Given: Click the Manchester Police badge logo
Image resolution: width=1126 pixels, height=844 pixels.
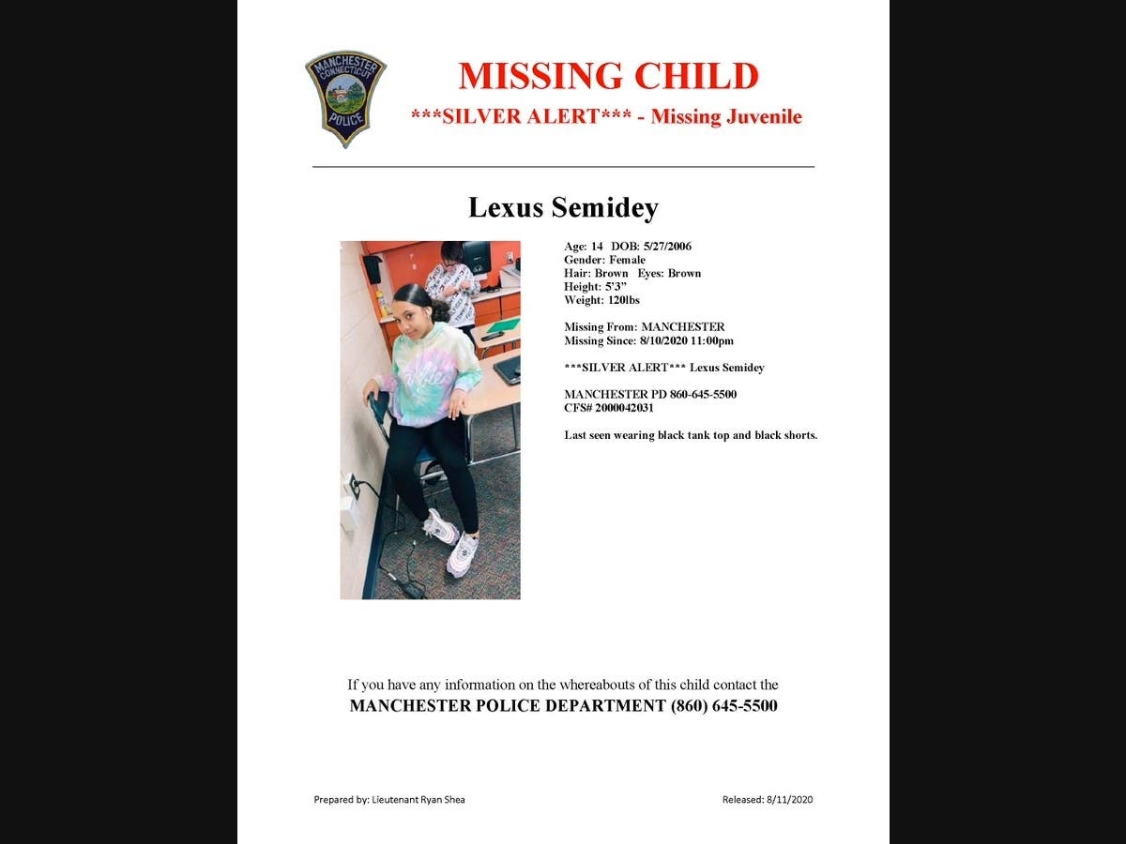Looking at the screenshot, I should (x=345, y=98).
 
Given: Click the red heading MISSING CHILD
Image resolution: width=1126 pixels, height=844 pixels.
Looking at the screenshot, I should (x=608, y=76).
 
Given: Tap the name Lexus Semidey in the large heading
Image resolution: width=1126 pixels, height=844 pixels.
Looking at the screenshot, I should (x=563, y=207).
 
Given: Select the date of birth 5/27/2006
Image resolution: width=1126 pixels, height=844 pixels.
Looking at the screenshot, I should (x=666, y=247).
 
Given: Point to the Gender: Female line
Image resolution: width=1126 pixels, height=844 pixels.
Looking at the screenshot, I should (x=604, y=260).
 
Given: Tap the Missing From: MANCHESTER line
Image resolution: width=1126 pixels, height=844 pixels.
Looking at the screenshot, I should (x=644, y=327).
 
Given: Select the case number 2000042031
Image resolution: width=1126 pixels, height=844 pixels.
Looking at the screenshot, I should (x=624, y=408).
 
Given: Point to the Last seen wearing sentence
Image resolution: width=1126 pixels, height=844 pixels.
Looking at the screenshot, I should (x=690, y=435).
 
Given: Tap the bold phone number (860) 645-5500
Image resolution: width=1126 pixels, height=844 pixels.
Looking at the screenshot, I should (x=723, y=706).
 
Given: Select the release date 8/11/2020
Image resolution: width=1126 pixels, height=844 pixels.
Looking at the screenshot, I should (x=789, y=800).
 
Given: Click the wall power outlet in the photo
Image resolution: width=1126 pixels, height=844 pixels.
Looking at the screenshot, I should (x=354, y=486).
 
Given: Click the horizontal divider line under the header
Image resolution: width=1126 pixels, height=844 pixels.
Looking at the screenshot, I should (x=563, y=167).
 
